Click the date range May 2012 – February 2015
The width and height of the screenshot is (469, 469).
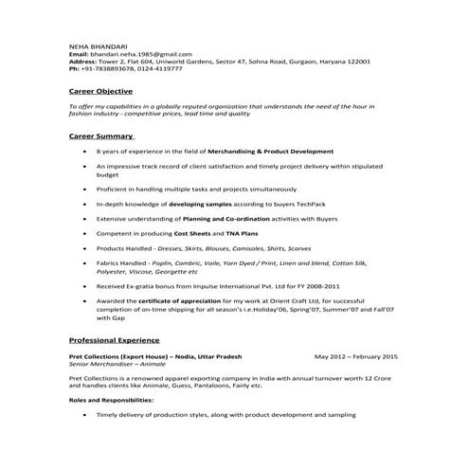click(x=356, y=355)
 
